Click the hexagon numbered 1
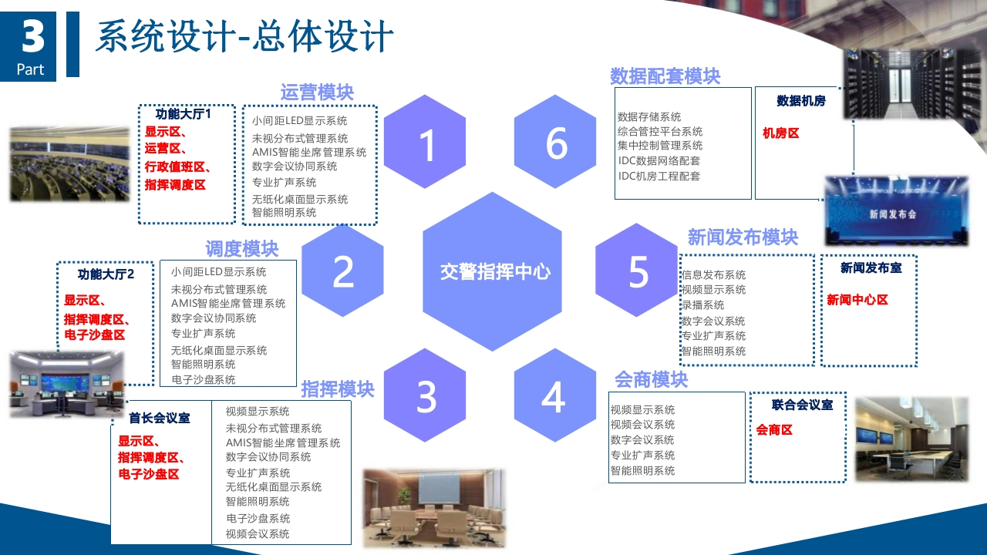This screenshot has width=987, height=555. pos(425,142)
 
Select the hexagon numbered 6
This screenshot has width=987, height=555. pos(555,142)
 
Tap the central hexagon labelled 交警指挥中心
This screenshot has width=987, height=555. pos(492,271)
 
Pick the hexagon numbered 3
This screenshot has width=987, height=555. pos(425,395)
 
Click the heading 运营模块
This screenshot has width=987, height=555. pos(317,92)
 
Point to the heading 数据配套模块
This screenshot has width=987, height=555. pos(665,76)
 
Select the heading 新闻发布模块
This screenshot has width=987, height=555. pos(743,237)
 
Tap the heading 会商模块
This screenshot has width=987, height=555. pos(652,380)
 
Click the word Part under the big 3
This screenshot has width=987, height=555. pos(30,69)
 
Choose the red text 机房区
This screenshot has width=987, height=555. pos(781,133)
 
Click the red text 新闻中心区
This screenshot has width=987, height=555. pos(857,300)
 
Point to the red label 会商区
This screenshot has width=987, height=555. pos(774,430)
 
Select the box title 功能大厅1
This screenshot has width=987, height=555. pos(184,114)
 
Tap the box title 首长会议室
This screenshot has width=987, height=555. pos(160,418)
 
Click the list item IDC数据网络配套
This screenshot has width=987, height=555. pos(659,161)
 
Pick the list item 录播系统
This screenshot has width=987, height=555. pos(702,304)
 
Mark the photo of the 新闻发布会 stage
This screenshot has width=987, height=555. pos(896,210)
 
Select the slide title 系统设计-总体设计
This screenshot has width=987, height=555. pos(244,36)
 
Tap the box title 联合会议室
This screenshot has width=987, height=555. pos(802,405)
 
